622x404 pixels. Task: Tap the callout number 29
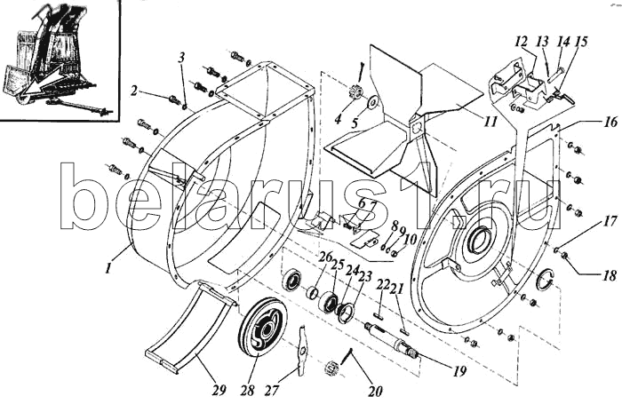[x=219, y=390]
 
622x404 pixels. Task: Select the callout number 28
[x=247, y=391]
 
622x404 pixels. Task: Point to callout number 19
[x=459, y=371]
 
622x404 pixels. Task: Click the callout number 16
[x=611, y=122]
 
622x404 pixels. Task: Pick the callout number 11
[x=490, y=122]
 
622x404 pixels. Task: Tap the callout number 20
[x=375, y=392]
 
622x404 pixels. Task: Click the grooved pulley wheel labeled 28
[x=263, y=329]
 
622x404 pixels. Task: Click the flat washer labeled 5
[x=373, y=103]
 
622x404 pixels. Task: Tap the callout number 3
[x=181, y=58]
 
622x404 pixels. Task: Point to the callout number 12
[x=522, y=41]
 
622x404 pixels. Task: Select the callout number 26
[x=326, y=257]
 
